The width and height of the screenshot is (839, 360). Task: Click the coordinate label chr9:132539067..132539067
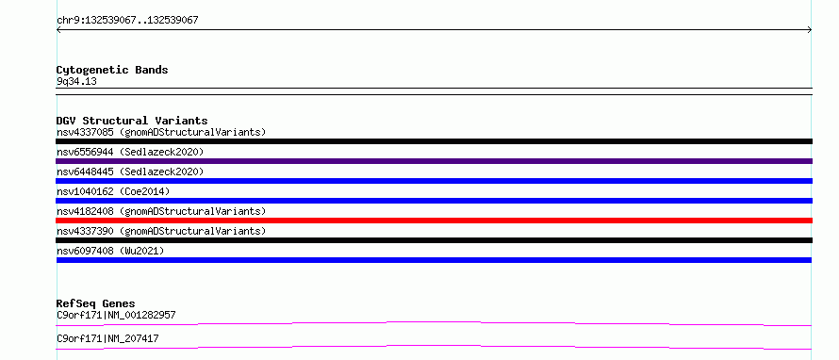click(x=127, y=21)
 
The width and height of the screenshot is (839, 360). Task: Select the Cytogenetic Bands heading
click(x=112, y=70)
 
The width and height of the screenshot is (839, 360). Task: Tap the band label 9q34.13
click(x=76, y=82)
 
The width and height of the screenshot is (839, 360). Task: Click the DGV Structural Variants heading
click(x=132, y=121)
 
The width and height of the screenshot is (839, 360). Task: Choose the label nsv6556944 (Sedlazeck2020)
click(x=130, y=152)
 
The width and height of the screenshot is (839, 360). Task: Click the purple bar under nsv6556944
click(x=434, y=161)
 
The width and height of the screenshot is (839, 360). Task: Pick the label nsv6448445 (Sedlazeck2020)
click(x=130, y=172)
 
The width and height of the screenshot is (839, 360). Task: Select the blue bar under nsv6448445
click(x=434, y=181)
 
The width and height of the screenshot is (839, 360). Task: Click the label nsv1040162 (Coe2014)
click(x=113, y=191)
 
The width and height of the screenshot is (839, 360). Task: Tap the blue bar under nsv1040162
click(x=434, y=201)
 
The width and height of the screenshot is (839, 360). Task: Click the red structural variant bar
click(x=434, y=221)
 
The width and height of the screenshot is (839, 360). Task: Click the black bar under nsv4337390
click(x=434, y=240)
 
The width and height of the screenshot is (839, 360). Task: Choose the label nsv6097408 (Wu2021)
click(x=110, y=251)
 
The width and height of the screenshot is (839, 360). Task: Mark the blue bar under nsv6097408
click(x=434, y=260)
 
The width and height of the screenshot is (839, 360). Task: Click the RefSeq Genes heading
click(x=96, y=303)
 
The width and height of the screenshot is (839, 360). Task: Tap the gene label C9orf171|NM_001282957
click(x=116, y=315)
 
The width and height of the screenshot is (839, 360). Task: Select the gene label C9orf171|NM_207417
click(x=107, y=338)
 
